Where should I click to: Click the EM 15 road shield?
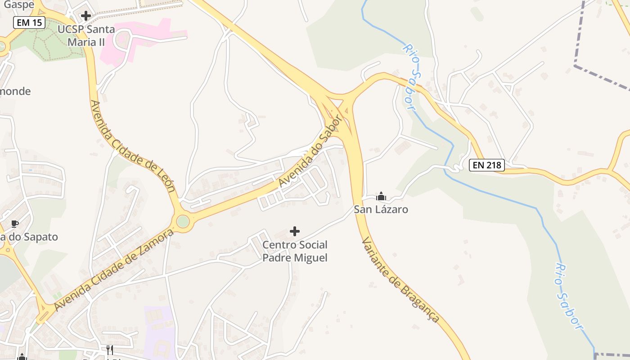coord(29,22)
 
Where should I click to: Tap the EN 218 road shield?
coord(487,165)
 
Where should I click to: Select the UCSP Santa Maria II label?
coord(86,36)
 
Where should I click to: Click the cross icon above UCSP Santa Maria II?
coord(85,16)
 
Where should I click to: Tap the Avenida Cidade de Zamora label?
coord(113,270)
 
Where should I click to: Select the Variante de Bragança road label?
coord(400,279)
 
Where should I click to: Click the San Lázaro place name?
coord(381,209)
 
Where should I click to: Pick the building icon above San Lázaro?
coord(381,196)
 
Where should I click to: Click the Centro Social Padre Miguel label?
coord(295,251)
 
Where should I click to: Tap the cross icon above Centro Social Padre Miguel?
coord(295,231)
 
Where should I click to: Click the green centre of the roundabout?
coord(183,221)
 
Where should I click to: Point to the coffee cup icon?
coord(15,224)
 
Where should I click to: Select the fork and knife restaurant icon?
coord(109,350)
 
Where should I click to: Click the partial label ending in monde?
coord(15,91)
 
